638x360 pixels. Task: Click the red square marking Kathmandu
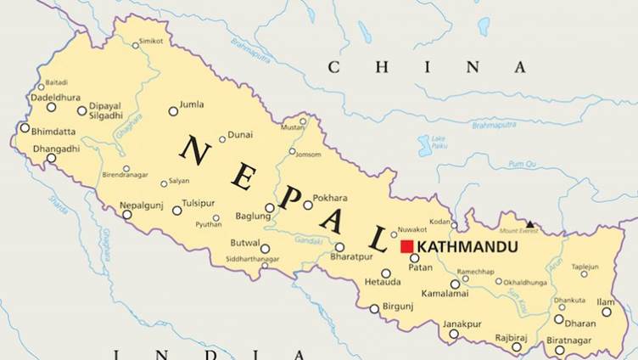coord(406,246)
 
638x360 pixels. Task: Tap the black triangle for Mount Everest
coord(530,224)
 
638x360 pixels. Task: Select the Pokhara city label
coord(330,199)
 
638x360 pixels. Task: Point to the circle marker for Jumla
coord(173,111)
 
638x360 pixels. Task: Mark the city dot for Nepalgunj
coord(127,215)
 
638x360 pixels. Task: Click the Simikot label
coord(151,41)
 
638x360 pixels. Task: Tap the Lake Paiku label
coord(438,141)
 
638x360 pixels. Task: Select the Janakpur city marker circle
coord(454,334)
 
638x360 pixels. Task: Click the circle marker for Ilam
coord(607,312)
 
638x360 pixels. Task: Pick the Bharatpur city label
coord(350,256)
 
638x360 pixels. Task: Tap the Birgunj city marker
coord(374,309)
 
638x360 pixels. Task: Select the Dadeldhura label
coord(56,97)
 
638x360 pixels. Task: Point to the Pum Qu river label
coord(523,163)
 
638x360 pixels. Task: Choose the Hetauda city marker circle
coord(385,273)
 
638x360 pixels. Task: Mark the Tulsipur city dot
coord(177,211)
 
